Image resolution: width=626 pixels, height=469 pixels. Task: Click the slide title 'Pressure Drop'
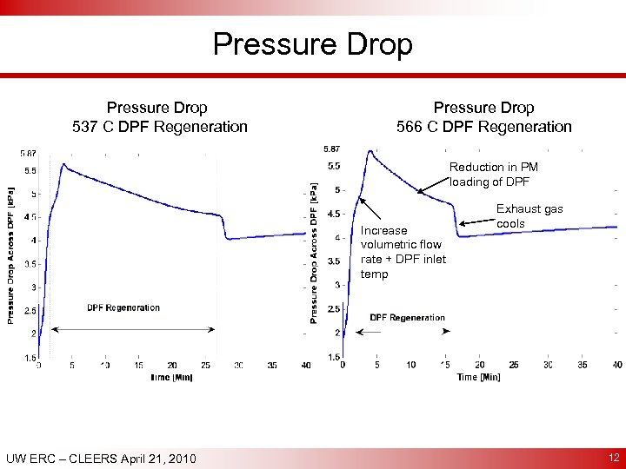click(313, 44)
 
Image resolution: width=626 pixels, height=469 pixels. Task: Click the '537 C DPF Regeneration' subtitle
click(159, 127)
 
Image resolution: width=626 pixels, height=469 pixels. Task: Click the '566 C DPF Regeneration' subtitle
click(483, 127)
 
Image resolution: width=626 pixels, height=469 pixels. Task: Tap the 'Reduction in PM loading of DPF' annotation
click(493, 175)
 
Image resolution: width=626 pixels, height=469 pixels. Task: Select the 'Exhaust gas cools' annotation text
click(529, 216)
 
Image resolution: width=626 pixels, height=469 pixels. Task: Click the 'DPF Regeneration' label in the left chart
click(123, 307)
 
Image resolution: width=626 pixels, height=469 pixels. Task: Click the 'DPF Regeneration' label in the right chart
click(407, 318)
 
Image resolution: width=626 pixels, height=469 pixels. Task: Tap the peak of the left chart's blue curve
click(63, 163)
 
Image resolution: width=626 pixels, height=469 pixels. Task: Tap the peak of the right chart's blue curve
click(370, 151)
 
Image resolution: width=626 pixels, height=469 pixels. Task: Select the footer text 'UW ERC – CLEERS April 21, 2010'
click(101, 459)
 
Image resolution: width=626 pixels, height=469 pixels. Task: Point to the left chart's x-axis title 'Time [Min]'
click(170, 377)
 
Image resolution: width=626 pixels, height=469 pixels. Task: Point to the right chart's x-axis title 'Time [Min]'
click(479, 377)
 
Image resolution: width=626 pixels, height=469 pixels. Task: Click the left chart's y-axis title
click(11, 257)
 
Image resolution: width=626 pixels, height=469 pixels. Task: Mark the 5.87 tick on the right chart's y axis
click(331, 147)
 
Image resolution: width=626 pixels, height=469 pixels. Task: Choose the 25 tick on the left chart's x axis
click(205, 366)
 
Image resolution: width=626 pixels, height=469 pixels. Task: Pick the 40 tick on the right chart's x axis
click(616, 366)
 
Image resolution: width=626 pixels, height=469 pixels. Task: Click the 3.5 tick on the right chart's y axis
click(333, 261)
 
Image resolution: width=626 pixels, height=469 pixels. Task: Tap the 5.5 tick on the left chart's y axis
click(30, 170)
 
